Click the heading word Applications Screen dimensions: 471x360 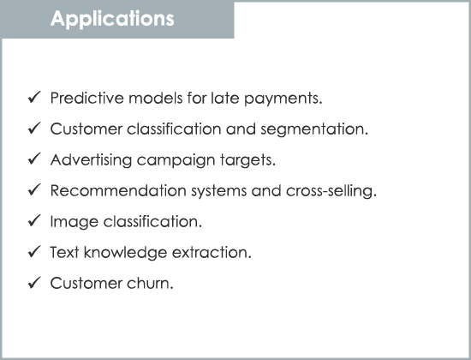coord(112,20)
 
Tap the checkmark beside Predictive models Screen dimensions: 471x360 coord(34,97)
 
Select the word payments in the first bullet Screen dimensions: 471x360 coord(283,99)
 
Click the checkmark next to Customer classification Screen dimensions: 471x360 coord(34,128)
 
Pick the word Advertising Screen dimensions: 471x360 coord(91,159)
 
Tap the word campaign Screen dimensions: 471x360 coord(176,160)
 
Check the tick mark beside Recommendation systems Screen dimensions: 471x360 coord(34,189)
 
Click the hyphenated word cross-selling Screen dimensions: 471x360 coord(331,191)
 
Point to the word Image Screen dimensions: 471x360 coord(75,222)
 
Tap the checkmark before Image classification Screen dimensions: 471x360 coord(34,220)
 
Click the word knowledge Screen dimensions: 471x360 coord(125,252)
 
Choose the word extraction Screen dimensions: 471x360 coord(212,253)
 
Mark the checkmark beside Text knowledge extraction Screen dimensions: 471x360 coord(34,251)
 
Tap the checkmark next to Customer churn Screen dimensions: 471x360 coord(34,282)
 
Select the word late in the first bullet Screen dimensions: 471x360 coord(225,98)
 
